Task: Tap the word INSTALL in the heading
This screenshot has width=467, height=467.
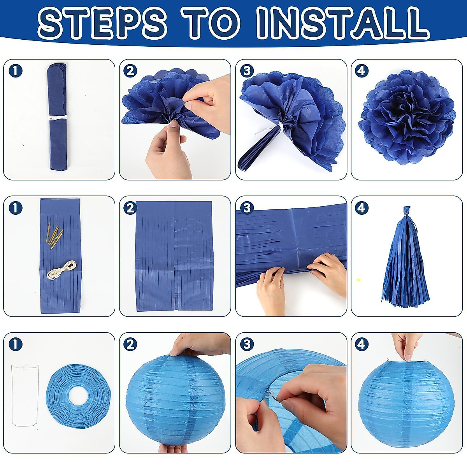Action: point(342,22)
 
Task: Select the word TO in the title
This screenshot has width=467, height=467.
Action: point(212,22)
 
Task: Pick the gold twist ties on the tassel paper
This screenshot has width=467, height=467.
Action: point(54,236)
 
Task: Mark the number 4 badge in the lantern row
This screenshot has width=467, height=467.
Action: point(362,344)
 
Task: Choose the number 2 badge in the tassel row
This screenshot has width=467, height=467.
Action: point(130,208)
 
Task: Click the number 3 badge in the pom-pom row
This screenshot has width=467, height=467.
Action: point(247,71)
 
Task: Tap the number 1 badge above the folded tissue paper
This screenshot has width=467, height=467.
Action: point(16,71)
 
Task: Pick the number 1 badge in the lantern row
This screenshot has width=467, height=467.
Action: point(16,344)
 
